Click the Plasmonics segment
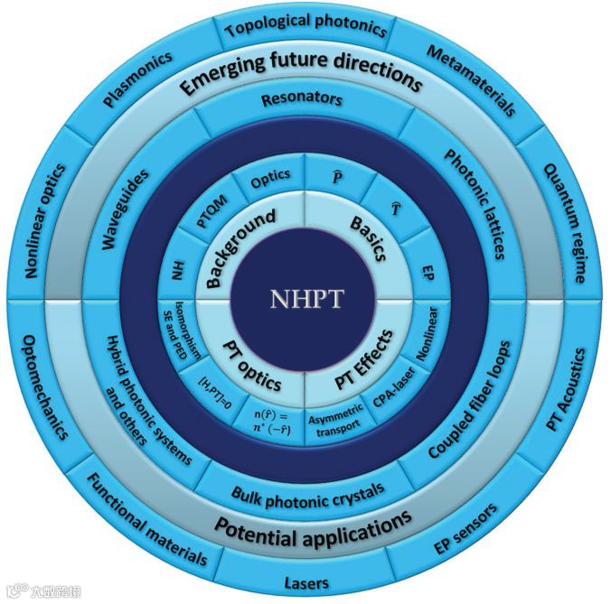pos(137,84)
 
